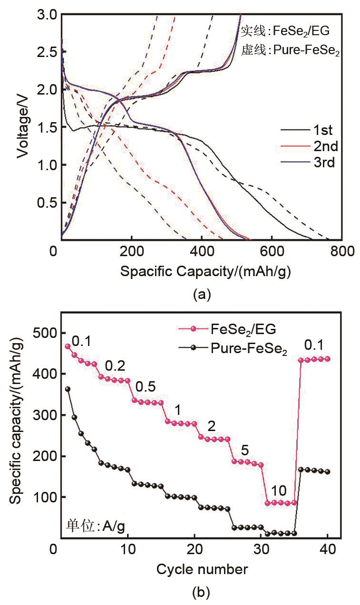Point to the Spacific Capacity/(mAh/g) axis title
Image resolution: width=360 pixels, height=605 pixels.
(x=205, y=271)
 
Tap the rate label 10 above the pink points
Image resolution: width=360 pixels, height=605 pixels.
(x=280, y=491)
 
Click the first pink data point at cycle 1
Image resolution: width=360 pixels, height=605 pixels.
(x=68, y=346)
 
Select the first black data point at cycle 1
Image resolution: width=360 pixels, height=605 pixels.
(x=68, y=389)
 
